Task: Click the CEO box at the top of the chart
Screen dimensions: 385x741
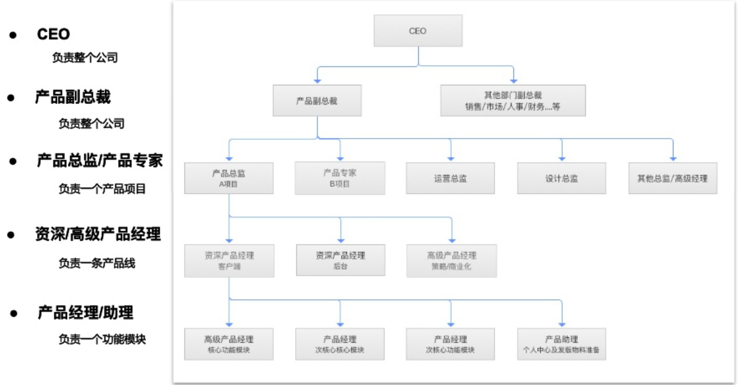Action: pyautogui.click(x=418, y=30)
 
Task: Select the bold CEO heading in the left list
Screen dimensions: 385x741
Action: pyautogui.click(x=54, y=35)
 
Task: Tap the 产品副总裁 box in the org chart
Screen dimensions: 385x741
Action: pyautogui.click(x=317, y=100)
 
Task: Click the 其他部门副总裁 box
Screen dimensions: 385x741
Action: pyautogui.click(x=513, y=100)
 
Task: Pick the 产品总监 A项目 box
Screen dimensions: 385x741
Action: pyautogui.click(x=229, y=178)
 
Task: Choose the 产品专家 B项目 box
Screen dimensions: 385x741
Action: pyautogui.click(x=340, y=178)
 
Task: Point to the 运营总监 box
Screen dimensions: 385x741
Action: pyautogui.click(x=450, y=178)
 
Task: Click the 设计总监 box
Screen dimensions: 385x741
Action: pyautogui.click(x=562, y=178)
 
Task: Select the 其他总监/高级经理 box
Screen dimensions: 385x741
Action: pyautogui.click(x=672, y=178)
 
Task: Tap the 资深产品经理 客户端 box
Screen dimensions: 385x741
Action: pyautogui.click(x=229, y=260)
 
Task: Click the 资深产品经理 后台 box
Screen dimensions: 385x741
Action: pyautogui.click(x=340, y=260)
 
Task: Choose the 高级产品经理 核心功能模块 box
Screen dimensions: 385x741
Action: pyautogui.click(x=229, y=344)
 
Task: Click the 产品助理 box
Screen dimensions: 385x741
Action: pyautogui.click(x=562, y=344)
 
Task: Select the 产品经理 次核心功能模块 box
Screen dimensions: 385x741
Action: pyautogui.click(x=450, y=344)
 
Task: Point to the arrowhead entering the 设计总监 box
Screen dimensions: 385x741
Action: pyautogui.click(x=562, y=158)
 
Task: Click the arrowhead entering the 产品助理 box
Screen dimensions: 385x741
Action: pyautogui.click(x=562, y=324)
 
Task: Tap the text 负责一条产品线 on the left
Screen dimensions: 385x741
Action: pyautogui.click(x=96, y=263)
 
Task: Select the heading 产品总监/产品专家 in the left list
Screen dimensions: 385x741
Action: pyautogui.click(x=100, y=162)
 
